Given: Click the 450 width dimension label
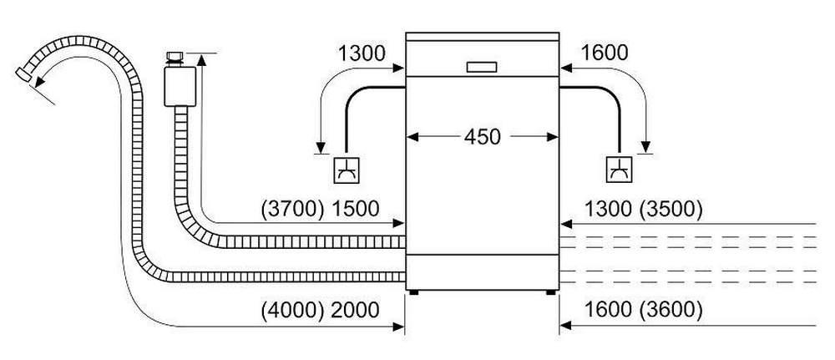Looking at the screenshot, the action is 483,137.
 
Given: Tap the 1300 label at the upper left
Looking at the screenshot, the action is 362,53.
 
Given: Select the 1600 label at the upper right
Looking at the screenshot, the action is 605,53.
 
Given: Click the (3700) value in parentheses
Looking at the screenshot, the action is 293,209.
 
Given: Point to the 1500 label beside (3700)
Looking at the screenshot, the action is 356,209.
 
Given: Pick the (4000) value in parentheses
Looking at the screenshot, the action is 293,310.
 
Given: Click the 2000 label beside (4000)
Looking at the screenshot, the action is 356,310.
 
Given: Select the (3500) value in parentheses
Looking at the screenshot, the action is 671,210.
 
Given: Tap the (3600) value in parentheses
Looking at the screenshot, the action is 671,310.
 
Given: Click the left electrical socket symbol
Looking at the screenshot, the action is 347,170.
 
